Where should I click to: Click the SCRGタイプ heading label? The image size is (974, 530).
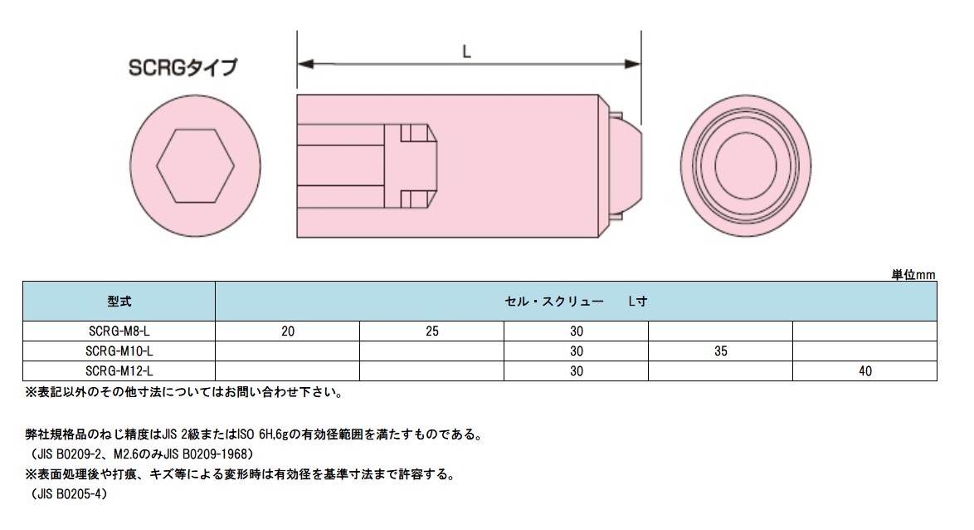(x=182, y=67)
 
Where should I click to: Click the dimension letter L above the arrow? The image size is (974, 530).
(x=467, y=52)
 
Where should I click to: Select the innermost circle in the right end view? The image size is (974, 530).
(x=743, y=165)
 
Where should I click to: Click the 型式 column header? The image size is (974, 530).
(x=119, y=302)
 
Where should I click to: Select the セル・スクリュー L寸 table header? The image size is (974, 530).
(x=576, y=302)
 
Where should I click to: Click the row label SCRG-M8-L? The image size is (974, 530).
(x=119, y=331)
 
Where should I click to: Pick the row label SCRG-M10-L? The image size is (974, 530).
(x=119, y=351)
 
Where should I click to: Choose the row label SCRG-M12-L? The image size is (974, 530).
(x=119, y=371)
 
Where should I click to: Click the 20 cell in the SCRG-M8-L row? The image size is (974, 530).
(x=287, y=331)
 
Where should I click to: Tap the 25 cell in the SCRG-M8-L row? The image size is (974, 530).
(x=431, y=331)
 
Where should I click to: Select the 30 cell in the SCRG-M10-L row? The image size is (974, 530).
(x=576, y=351)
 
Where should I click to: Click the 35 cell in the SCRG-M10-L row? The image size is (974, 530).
(x=720, y=351)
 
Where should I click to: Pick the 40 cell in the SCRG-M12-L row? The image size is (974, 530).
(x=865, y=371)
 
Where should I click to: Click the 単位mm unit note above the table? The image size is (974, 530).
(x=913, y=274)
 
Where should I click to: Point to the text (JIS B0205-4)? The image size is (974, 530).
(x=66, y=493)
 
